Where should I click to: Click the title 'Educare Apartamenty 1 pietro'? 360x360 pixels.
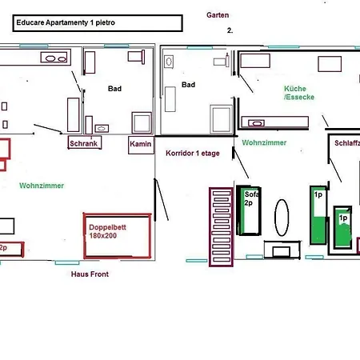66,22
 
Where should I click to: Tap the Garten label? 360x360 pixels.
218,15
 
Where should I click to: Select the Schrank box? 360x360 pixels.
85,142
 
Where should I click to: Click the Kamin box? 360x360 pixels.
141,145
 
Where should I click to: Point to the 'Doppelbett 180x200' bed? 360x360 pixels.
118,236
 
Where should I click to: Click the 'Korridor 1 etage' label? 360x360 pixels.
193,154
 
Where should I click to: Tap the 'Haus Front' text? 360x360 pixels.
90,274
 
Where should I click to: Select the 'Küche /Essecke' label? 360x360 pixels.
299,93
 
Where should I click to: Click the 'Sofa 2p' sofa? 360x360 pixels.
249,210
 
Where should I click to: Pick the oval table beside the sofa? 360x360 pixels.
282,218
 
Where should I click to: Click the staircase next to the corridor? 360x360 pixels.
221,227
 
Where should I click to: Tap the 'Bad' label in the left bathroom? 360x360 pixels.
114,89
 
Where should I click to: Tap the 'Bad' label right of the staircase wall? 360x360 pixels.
188,85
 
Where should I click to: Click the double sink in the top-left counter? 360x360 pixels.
55,58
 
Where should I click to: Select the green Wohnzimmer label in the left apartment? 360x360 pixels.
42,186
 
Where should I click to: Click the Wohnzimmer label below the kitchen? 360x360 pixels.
264,142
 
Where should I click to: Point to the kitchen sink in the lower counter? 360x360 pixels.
256,123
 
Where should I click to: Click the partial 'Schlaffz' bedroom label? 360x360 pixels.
347,143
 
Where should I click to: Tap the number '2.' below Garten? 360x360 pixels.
230,30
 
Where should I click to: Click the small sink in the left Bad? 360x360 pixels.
102,129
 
